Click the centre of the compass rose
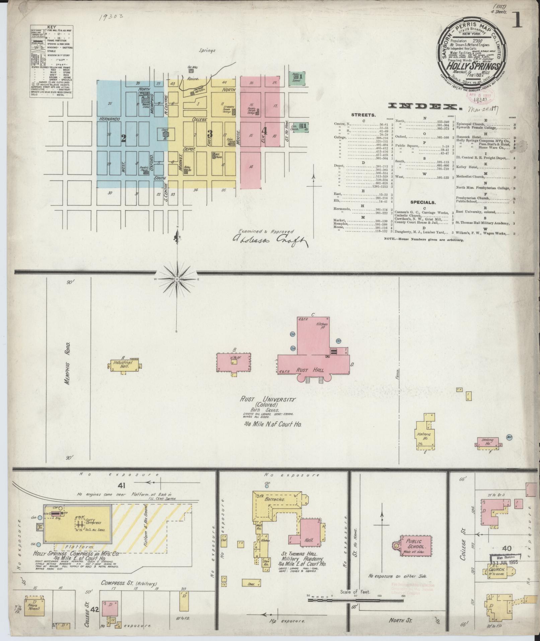(176, 279)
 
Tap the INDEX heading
(423, 106)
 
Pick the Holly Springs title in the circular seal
(472, 66)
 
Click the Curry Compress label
(93, 522)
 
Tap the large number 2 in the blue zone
(123, 138)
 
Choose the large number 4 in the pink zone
(264, 131)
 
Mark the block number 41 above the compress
(121, 485)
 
